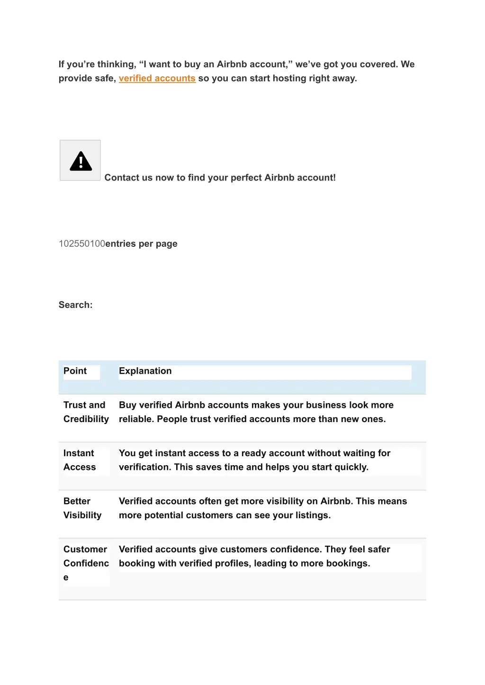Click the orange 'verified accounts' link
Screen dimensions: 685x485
tap(157, 78)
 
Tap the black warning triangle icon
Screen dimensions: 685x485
tap(81, 161)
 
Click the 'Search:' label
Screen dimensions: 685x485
tap(75, 305)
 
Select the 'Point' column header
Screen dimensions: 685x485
tap(75, 371)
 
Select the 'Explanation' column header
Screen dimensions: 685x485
tap(145, 371)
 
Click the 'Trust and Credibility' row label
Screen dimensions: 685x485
tap(86, 412)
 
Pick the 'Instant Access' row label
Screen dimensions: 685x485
tap(80, 460)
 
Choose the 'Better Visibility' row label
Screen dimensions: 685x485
tap(82, 508)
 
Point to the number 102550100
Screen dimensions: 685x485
tap(81, 244)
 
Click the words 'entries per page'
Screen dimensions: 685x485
tap(141, 244)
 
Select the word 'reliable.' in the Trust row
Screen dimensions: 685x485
tap(136, 419)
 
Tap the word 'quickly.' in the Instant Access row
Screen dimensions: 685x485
tap(351, 467)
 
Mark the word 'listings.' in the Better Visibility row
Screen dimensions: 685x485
tap(313, 515)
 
